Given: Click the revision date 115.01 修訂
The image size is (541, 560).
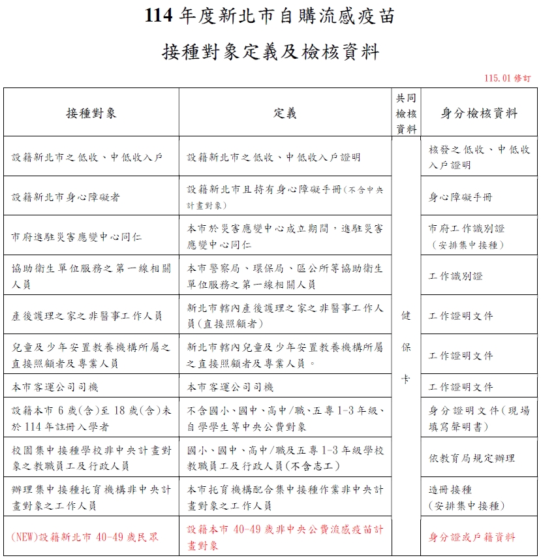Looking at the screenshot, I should click(x=507, y=78).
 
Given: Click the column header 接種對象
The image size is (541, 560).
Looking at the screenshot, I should click(x=91, y=113).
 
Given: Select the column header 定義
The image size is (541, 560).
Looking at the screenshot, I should click(x=285, y=113).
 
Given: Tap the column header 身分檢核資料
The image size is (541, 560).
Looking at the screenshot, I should click(x=479, y=113).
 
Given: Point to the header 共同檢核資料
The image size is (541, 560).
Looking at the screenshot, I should click(x=406, y=113).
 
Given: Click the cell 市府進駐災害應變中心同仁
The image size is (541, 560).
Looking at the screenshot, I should click(x=76, y=236).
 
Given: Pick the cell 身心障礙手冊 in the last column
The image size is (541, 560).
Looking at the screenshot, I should click(x=460, y=196).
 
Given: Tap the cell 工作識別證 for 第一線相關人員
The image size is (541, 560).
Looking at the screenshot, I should click(x=456, y=276).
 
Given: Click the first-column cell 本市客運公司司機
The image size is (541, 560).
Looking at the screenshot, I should click(x=55, y=387).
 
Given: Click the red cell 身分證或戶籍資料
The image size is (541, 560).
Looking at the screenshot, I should click(x=471, y=537).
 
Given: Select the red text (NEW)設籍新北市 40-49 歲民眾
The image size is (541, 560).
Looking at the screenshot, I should click(x=85, y=537).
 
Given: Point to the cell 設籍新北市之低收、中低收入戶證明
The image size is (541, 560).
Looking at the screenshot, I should click(x=273, y=157).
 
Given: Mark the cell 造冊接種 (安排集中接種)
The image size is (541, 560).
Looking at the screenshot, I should click(x=467, y=497).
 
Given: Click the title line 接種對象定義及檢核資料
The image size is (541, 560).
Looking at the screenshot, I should click(x=270, y=52).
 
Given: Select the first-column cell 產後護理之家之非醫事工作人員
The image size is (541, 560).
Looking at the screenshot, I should click(x=87, y=316).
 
